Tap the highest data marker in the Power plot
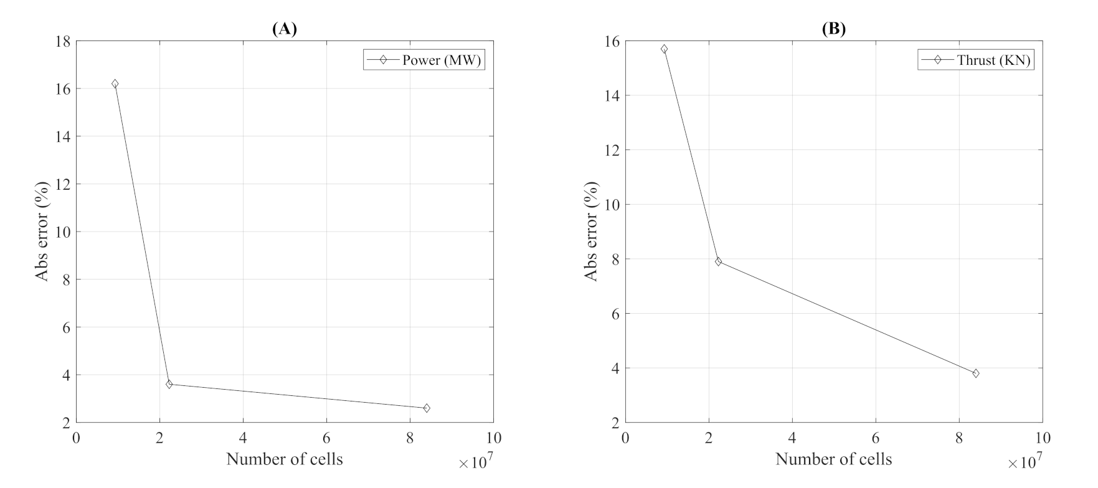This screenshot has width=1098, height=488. (115, 83)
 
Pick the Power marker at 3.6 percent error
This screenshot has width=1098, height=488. (169, 384)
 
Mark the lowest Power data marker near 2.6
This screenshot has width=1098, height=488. (427, 408)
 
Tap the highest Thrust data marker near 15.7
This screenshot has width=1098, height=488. (664, 49)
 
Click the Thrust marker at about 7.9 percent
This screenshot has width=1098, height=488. (718, 261)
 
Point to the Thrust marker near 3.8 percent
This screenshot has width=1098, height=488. (976, 373)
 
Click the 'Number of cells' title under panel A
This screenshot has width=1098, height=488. (284, 459)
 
